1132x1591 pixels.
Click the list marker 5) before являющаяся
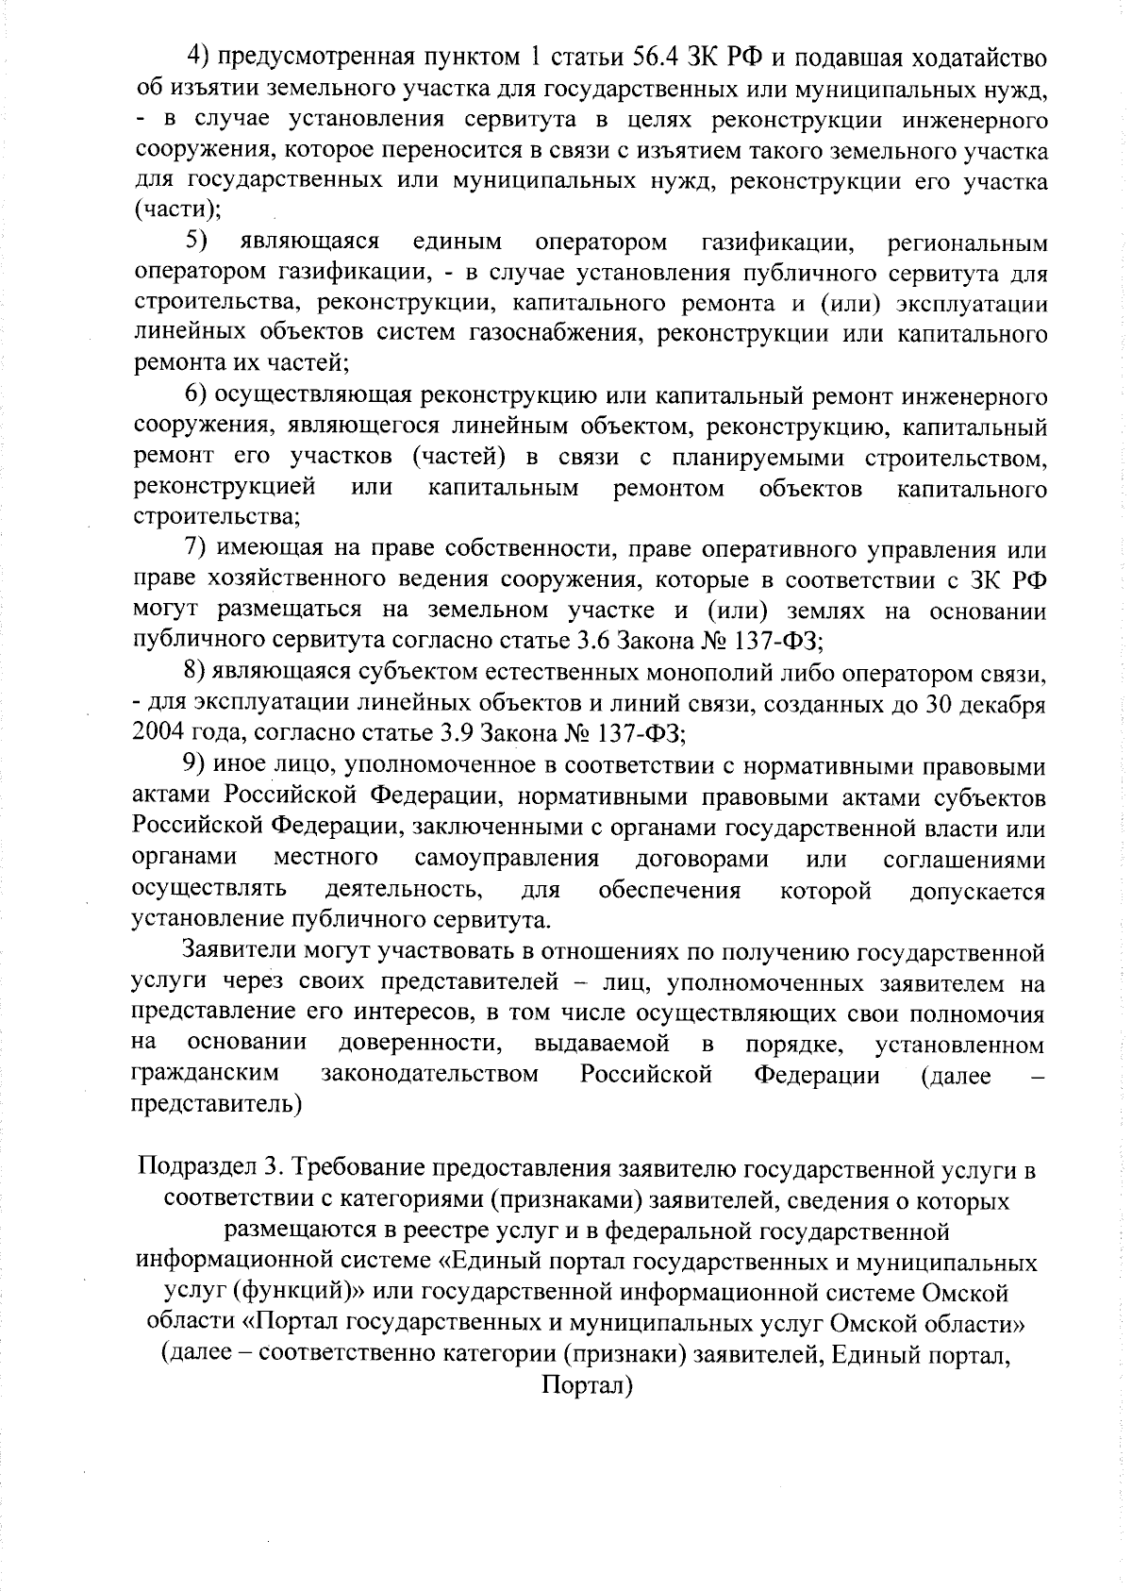tap(196, 243)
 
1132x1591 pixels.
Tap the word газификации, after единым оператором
tap(778, 243)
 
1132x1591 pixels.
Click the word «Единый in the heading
tap(491, 1263)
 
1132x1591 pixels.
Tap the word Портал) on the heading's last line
tap(586, 1385)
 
